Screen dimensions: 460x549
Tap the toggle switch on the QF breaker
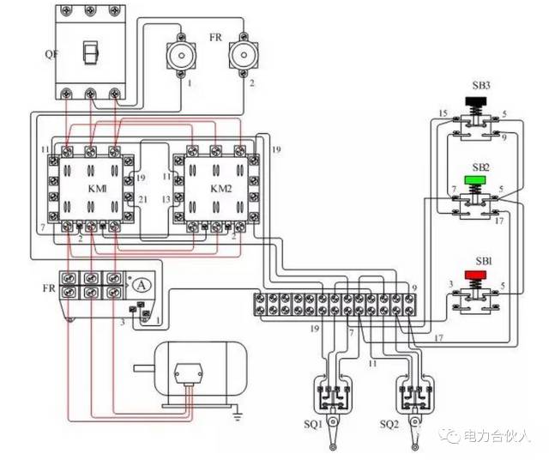coord(88,54)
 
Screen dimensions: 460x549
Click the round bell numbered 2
coord(243,57)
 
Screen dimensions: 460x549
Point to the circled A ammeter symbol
coord(145,284)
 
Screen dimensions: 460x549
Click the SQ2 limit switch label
coord(391,424)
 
